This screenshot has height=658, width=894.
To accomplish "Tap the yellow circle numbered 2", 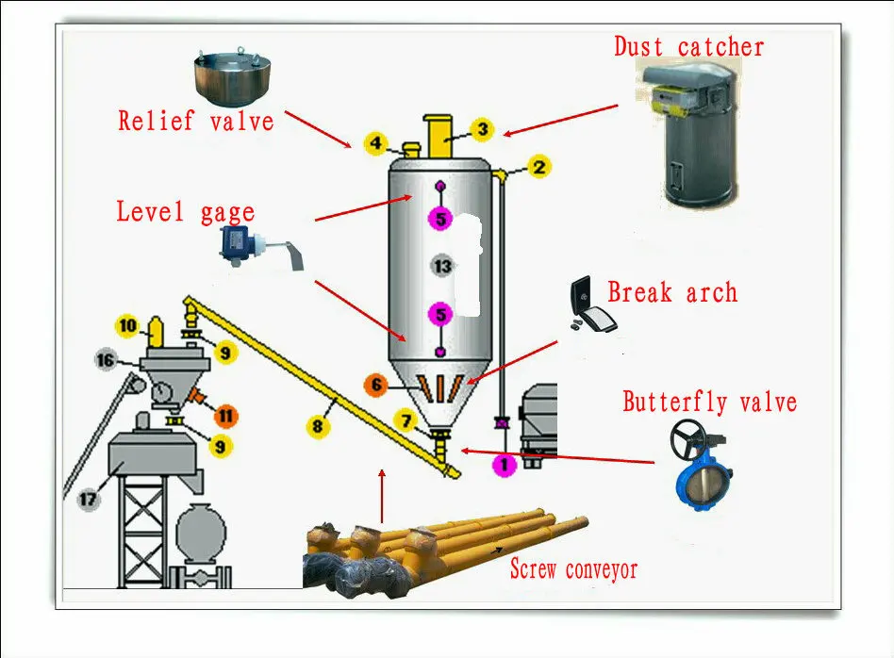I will pyautogui.click(x=538, y=168).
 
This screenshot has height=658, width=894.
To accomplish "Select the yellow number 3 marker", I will pyautogui.click(x=481, y=129).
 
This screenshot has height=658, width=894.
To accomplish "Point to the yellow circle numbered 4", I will pyautogui.click(x=375, y=144).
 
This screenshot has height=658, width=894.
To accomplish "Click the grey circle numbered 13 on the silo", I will pyautogui.click(x=442, y=266).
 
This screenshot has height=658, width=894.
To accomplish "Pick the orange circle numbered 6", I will pyautogui.click(x=377, y=385).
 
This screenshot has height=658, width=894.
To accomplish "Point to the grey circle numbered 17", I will pyautogui.click(x=88, y=500).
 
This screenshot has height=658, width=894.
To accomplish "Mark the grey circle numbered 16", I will pyautogui.click(x=106, y=359).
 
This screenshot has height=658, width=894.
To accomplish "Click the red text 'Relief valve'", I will pyautogui.click(x=196, y=122).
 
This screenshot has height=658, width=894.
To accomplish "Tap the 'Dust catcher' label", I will pyautogui.click(x=689, y=46).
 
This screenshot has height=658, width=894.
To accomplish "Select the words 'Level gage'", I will pyautogui.click(x=185, y=211).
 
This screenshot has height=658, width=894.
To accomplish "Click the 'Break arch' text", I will pyautogui.click(x=671, y=292).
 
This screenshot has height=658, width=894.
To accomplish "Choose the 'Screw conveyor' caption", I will pyautogui.click(x=573, y=570).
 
